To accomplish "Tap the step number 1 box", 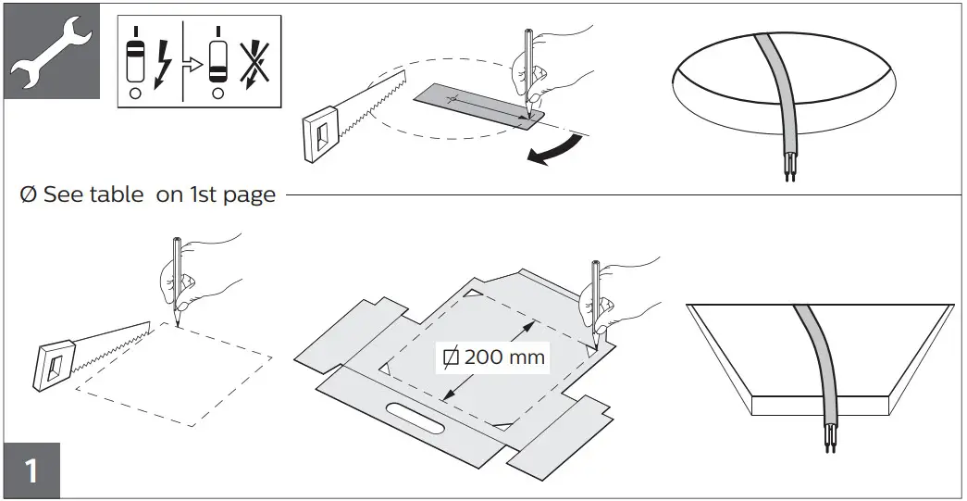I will click(31, 470).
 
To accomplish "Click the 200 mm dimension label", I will click(496, 356).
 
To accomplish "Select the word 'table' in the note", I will click(117, 194).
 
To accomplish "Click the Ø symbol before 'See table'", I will click(29, 194).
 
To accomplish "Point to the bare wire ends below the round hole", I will click(788, 172).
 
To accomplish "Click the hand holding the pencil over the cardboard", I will click(625, 310).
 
